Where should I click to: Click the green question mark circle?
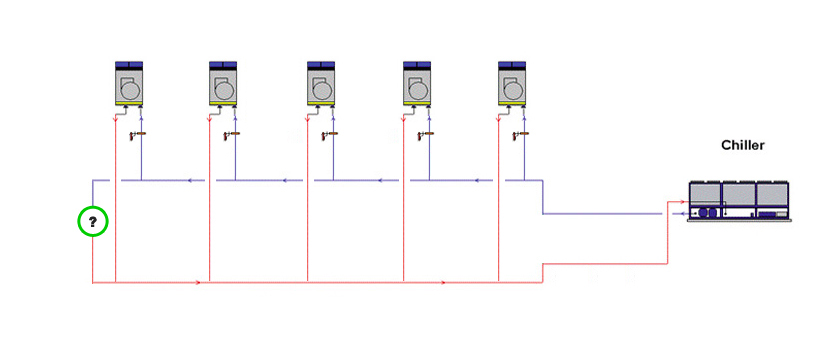[x=93, y=222]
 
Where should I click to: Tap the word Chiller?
[x=743, y=145]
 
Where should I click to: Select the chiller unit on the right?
[x=740, y=202]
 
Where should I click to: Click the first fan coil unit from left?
[x=129, y=84]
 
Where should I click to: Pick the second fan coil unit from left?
[x=223, y=84]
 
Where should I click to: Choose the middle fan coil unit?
[x=321, y=84]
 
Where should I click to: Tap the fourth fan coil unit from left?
[x=417, y=84]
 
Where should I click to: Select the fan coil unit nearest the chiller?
[x=512, y=84]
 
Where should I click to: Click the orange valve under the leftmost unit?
[x=138, y=135]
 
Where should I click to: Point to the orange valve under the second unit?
[x=232, y=135]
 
